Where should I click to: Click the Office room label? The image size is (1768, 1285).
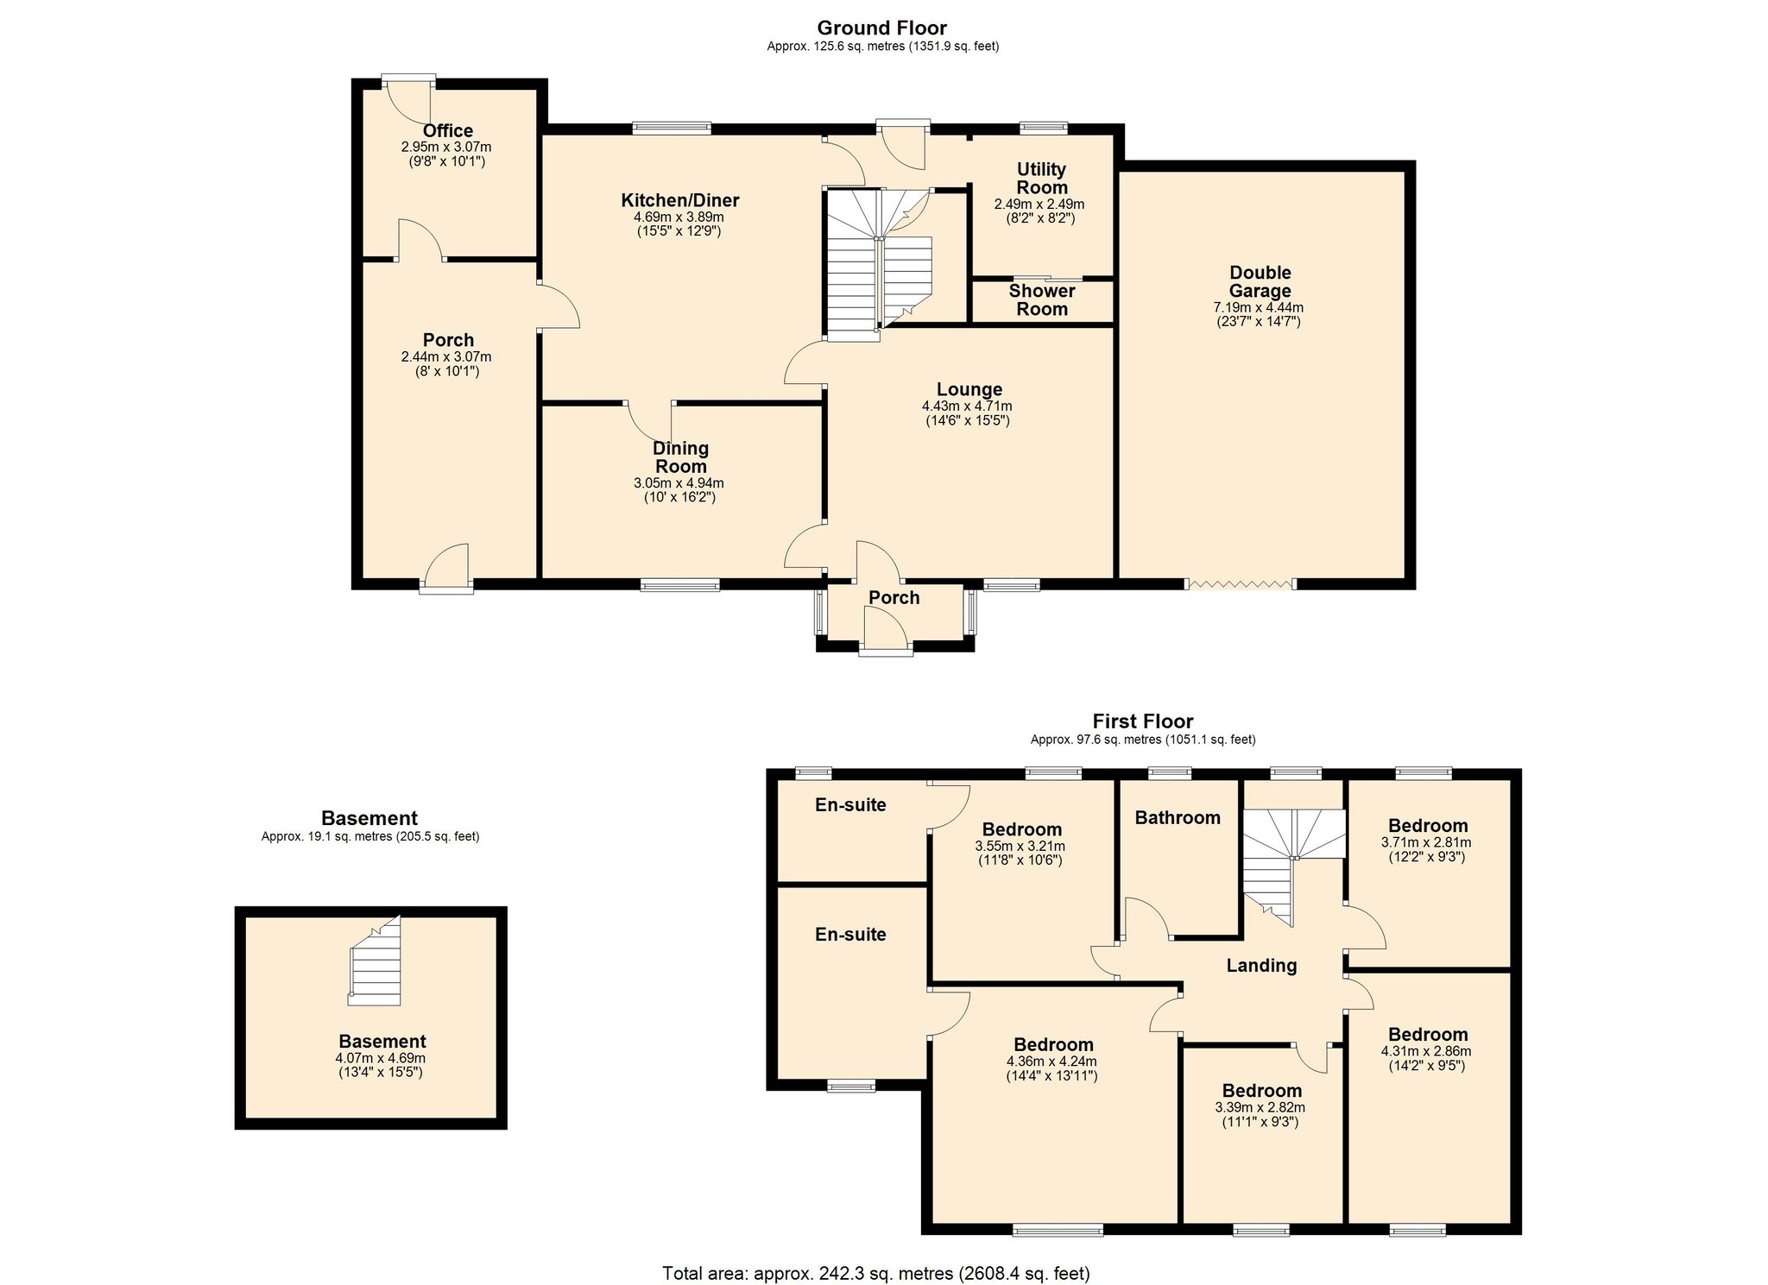coord(447,131)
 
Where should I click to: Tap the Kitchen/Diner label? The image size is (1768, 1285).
coord(679,201)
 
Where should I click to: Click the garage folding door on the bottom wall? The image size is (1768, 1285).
coord(1241,584)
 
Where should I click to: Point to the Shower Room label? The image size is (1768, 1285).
coord(1041,300)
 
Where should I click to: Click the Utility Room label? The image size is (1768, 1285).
coord(1041,179)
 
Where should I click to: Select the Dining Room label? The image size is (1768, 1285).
coord(680,457)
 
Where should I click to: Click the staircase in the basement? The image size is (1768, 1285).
coord(376,963)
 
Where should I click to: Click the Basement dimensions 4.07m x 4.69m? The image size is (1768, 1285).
coord(381,1058)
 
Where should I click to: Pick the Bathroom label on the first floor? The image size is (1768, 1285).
coord(1177,818)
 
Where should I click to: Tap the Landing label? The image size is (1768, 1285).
coord(1260,966)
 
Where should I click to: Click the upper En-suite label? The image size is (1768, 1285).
coord(850,805)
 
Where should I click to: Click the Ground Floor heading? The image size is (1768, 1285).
coord(881,28)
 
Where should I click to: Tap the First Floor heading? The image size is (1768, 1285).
coord(1142,721)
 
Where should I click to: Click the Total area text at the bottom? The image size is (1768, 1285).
coord(875,1273)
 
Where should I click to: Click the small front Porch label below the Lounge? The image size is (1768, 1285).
coord(893,598)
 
